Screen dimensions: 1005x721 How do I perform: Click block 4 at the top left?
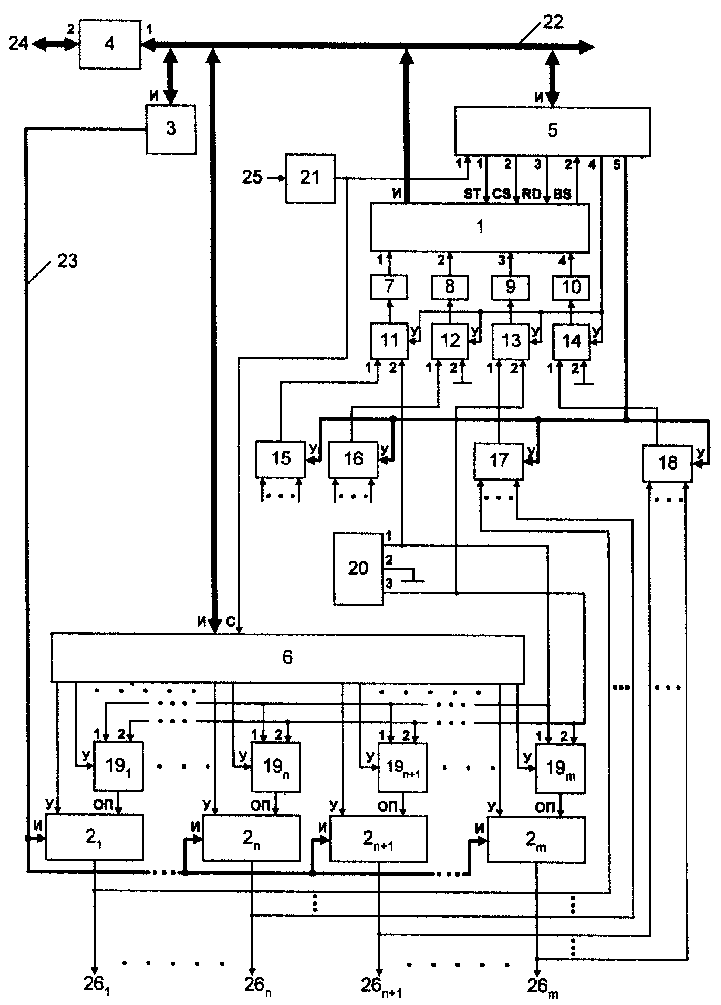[110, 44]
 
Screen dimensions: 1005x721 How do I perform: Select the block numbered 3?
[171, 129]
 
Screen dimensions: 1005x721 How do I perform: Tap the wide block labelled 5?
[552, 131]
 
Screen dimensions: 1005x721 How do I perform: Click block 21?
[310, 178]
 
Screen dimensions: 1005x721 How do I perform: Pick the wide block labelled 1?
[480, 227]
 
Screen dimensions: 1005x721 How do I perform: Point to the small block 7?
[389, 287]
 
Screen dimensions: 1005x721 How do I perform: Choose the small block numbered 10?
[571, 287]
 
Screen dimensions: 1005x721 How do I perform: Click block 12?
[450, 341]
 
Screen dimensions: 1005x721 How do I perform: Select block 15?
[280, 459]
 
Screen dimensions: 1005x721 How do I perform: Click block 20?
[358, 569]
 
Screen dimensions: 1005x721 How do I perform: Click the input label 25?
[252, 177]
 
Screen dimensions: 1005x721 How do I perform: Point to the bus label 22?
[553, 22]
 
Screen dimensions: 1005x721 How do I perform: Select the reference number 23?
[67, 261]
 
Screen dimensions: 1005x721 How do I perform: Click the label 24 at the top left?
[18, 43]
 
